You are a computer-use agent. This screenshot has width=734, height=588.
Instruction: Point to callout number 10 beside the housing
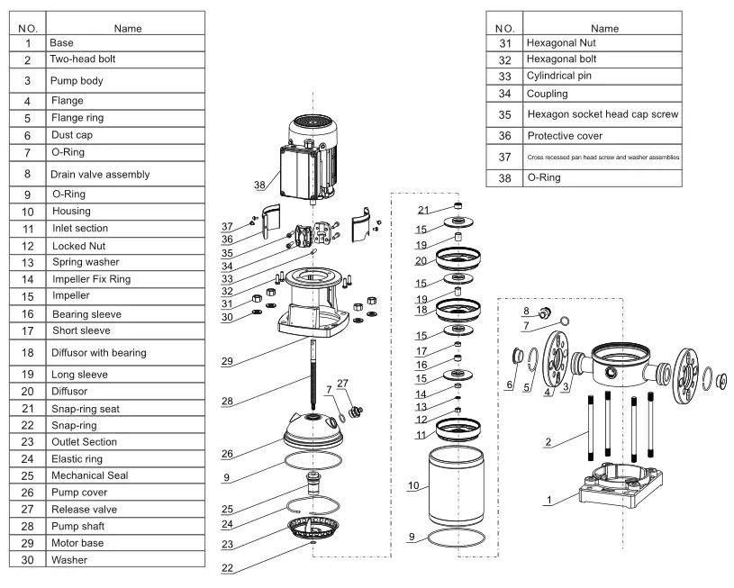click(x=413, y=484)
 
